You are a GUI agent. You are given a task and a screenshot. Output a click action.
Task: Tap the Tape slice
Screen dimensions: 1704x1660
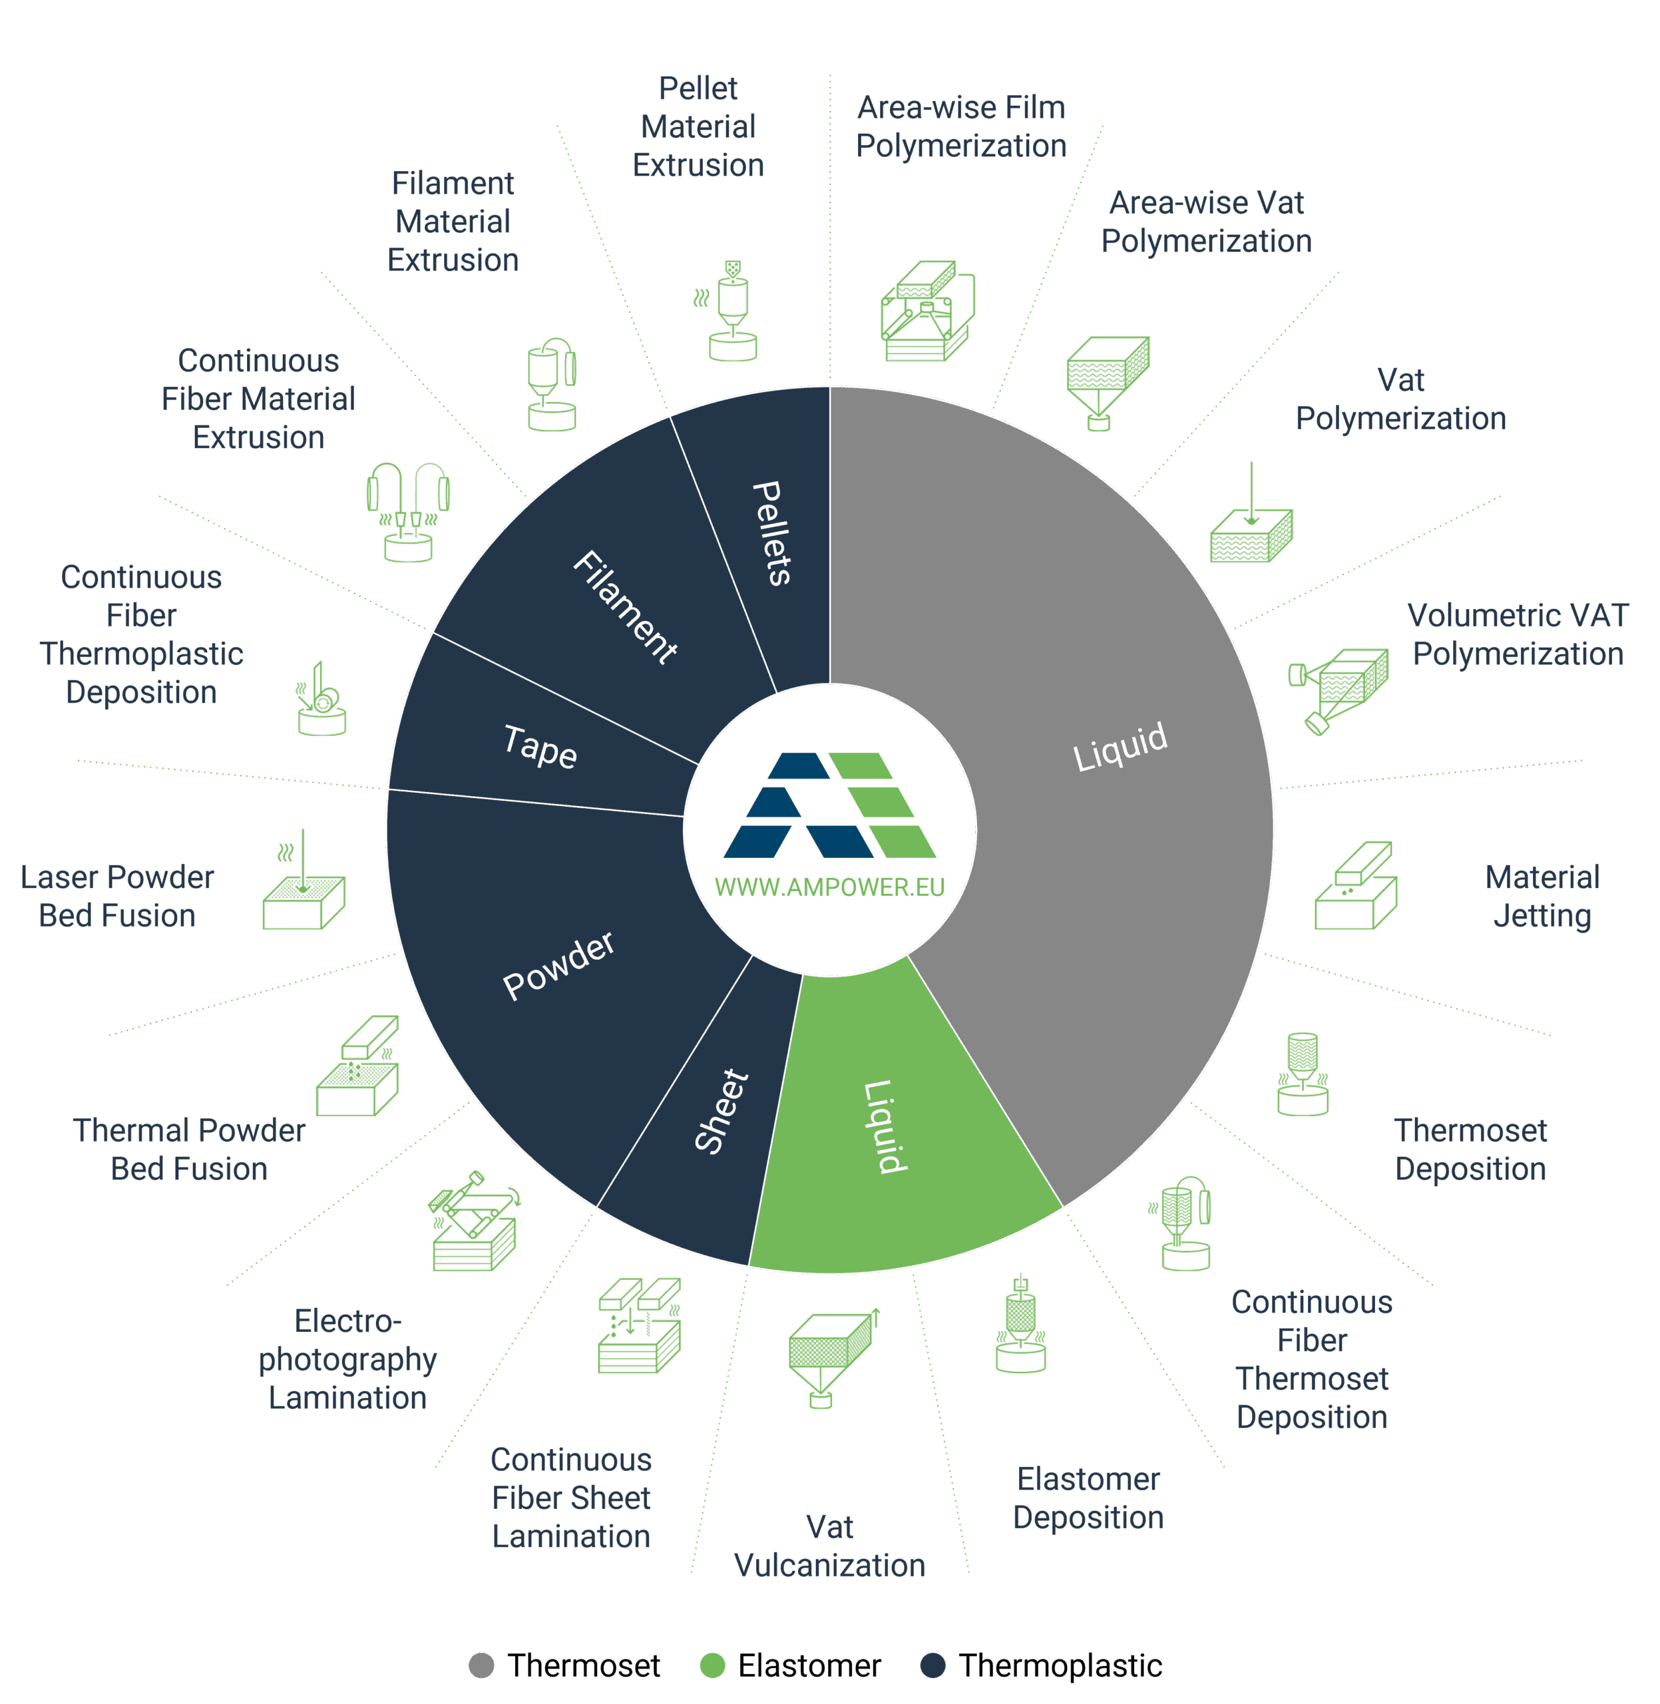(540, 747)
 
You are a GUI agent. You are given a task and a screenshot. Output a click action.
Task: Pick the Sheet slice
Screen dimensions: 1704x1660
(720, 1112)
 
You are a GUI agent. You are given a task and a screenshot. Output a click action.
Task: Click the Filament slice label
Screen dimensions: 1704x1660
(625, 607)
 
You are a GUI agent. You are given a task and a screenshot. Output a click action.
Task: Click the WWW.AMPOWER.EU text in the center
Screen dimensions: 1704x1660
(829, 887)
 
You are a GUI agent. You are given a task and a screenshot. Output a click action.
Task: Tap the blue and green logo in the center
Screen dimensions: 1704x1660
(829, 804)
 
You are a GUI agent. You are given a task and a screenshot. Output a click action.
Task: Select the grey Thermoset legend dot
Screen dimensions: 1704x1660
(481, 1665)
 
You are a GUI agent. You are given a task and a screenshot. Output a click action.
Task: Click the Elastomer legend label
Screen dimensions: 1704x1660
(809, 1665)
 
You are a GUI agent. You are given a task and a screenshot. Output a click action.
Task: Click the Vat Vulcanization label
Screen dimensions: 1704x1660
(829, 1546)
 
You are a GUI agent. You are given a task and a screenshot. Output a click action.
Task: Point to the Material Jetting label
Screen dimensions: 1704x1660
(1542, 896)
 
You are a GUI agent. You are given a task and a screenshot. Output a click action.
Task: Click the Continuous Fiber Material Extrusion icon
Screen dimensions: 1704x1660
(407, 511)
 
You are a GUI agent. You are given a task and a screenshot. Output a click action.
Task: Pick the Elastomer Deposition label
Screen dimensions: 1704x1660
(1088, 1497)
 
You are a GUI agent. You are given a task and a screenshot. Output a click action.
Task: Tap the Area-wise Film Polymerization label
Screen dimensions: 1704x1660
(960, 126)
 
